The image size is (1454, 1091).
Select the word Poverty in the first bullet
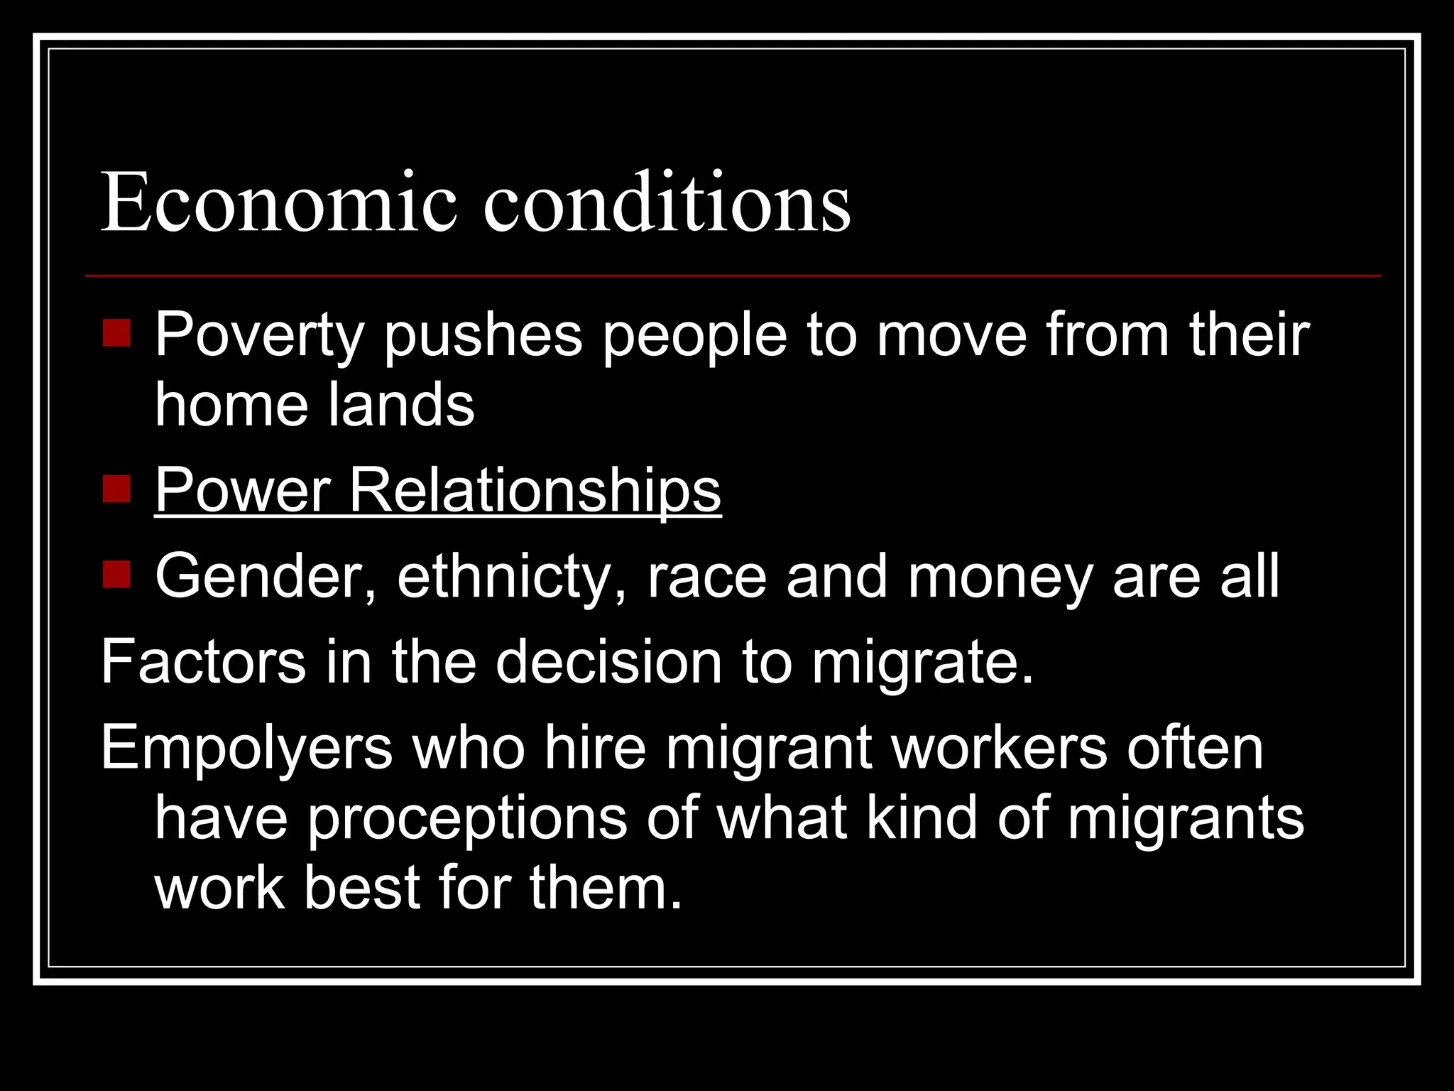(259, 335)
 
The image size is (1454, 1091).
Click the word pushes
(483, 335)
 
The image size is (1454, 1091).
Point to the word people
(695, 335)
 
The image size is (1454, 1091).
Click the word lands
(401, 405)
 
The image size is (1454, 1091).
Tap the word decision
(608, 662)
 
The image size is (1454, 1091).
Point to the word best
(362, 888)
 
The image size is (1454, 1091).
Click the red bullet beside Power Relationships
(116, 489)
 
